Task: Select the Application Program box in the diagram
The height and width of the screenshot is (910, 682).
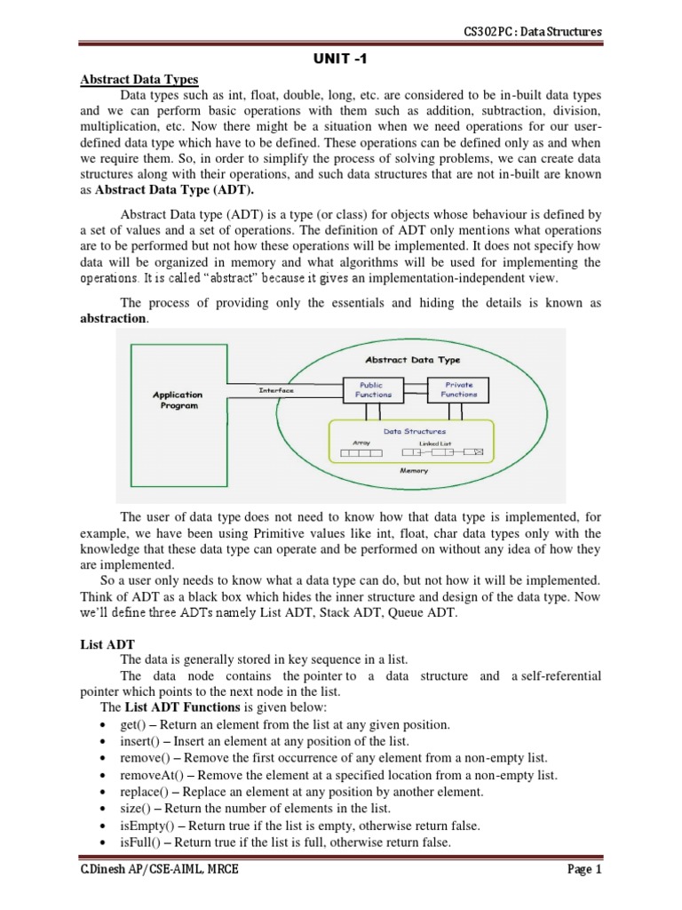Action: click(179, 400)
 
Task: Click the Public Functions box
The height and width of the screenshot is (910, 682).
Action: click(373, 390)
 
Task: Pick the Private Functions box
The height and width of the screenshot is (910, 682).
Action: click(459, 390)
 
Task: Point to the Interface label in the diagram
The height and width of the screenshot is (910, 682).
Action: click(276, 390)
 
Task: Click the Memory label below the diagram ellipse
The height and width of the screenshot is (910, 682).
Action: click(414, 470)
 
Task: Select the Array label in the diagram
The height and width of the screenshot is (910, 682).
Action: click(361, 442)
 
